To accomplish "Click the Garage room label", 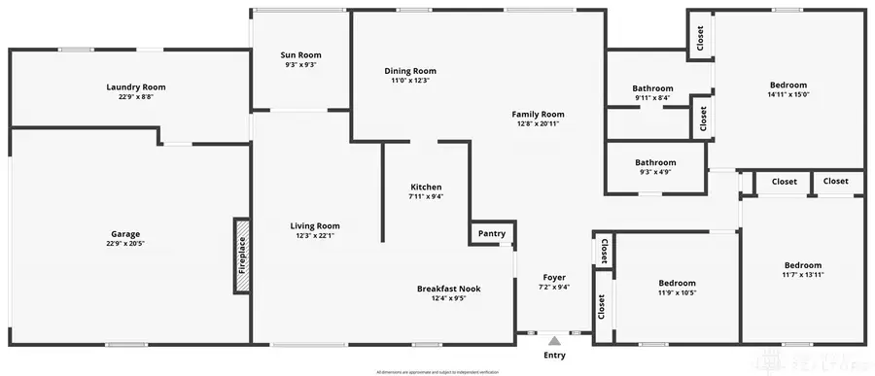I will tap(124, 233).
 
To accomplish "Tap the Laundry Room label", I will tap(136, 86).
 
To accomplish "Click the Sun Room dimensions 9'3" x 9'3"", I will tap(301, 65).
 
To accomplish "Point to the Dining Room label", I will tap(410, 70).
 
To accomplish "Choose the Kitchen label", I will tap(426, 187).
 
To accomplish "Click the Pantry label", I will tap(492, 233).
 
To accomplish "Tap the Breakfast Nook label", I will tap(448, 289).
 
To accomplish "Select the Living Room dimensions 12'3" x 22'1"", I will tap(315, 235).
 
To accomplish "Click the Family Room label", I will tap(539, 114).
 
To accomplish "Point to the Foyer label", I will tap(554, 277).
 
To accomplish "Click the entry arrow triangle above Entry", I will tap(554, 341).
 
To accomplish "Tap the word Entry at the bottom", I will tap(554, 356).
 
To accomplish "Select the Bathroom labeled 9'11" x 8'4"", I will tap(652, 88).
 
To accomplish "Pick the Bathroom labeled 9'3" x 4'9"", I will tap(655, 162).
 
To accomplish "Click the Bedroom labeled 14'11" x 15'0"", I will tap(787, 85).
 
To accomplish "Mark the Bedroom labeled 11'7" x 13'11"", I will tap(803, 265).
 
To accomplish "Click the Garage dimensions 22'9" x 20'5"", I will tap(124, 243).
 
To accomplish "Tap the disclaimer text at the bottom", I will tap(437, 371).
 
